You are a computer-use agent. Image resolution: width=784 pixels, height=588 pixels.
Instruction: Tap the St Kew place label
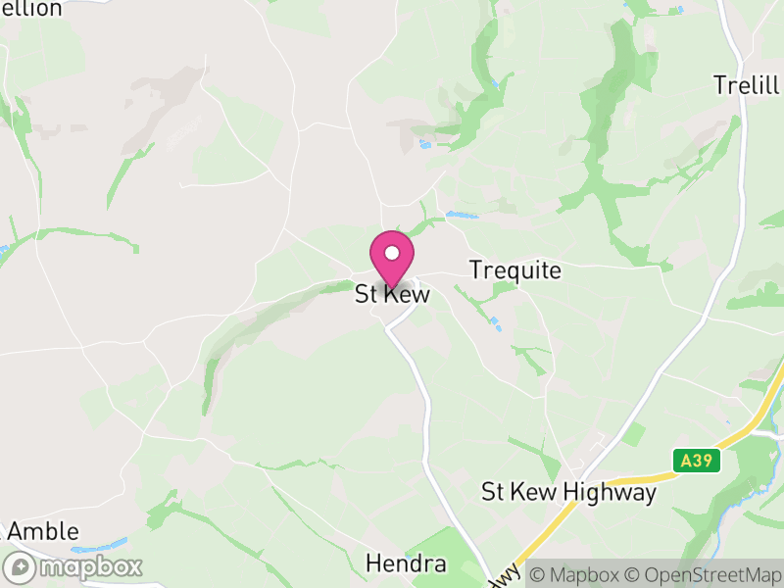(x=392, y=294)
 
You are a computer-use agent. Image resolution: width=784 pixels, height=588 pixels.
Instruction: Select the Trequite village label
(x=515, y=270)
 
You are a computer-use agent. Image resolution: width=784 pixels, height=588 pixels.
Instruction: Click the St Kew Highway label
(x=568, y=492)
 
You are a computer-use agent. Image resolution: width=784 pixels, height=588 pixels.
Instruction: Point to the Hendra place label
(x=406, y=563)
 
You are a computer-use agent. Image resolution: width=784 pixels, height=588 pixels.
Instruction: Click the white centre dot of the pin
(x=392, y=252)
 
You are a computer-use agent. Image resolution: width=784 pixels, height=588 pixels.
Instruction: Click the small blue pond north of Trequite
(x=461, y=215)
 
